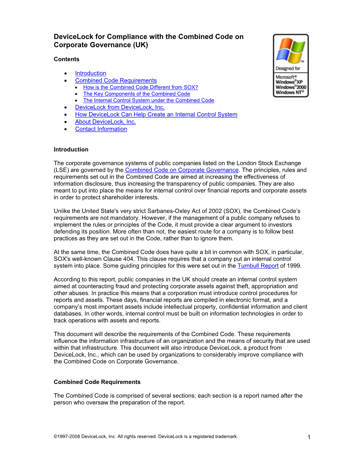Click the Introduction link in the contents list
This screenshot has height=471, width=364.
click(91, 73)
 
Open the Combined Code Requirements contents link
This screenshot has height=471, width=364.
click(116, 81)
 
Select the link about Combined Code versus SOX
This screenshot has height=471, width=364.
click(140, 87)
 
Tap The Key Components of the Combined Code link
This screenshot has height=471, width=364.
click(136, 94)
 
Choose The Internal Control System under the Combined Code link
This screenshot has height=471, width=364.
click(148, 101)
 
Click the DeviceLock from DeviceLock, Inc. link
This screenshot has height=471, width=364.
click(120, 107)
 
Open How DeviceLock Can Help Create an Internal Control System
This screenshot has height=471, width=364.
click(156, 115)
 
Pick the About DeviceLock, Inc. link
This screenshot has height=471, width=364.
click(105, 122)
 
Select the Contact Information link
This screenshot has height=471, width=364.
click(101, 129)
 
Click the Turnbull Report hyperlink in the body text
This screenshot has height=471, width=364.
click(258, 266)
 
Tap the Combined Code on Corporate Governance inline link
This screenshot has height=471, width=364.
click(182, 170)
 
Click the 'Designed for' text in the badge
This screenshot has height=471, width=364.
click(288, 69)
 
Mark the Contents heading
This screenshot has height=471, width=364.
click(66, 59)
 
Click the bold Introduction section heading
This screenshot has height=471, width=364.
click(71, 150)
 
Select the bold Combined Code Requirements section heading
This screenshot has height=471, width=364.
click(97, 382)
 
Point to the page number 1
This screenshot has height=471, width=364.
click(309, 437)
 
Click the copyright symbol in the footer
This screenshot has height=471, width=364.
click(56, 436)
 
